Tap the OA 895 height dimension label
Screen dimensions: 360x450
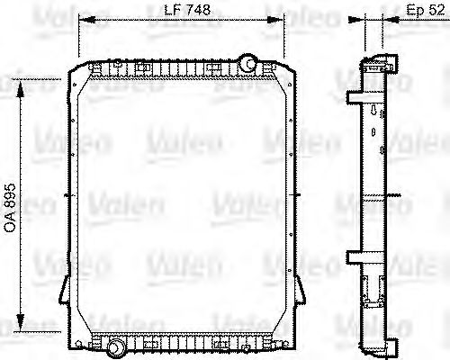[x=10, y=203]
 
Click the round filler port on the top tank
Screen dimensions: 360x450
[x=247, y=63]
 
